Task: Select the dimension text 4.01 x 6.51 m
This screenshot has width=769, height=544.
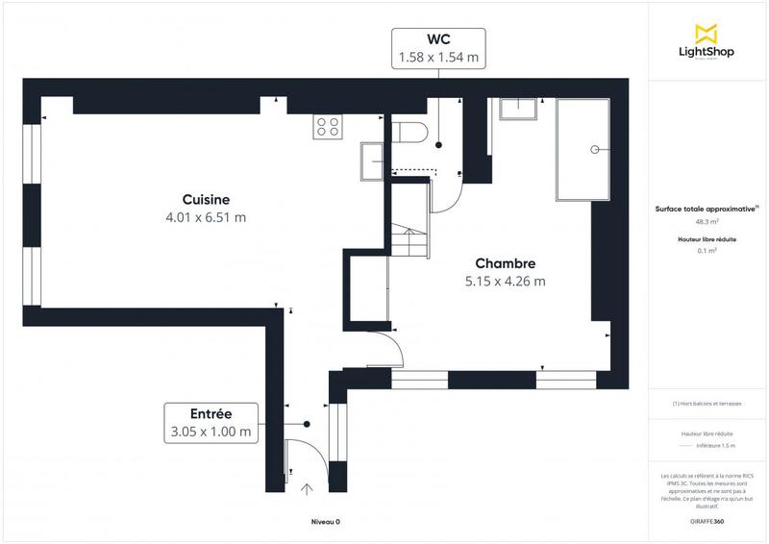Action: (206, 218)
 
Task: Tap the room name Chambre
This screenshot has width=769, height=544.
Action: (505, 263)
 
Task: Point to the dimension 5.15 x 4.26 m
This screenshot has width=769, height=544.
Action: (505, 282)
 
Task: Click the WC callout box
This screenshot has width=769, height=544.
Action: (438, 48)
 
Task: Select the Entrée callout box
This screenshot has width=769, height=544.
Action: (211, 423)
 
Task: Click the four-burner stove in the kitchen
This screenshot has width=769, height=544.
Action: (328, 126)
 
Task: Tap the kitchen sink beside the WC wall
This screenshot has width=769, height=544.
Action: (372, 161)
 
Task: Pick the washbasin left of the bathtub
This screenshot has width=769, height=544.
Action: (519, 108)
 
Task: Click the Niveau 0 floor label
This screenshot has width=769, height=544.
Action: (325, 521)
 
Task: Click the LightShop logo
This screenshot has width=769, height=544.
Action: (707, 42)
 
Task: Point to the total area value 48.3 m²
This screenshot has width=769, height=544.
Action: (707, 221)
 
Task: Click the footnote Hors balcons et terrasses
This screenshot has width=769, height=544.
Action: (707, 404)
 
